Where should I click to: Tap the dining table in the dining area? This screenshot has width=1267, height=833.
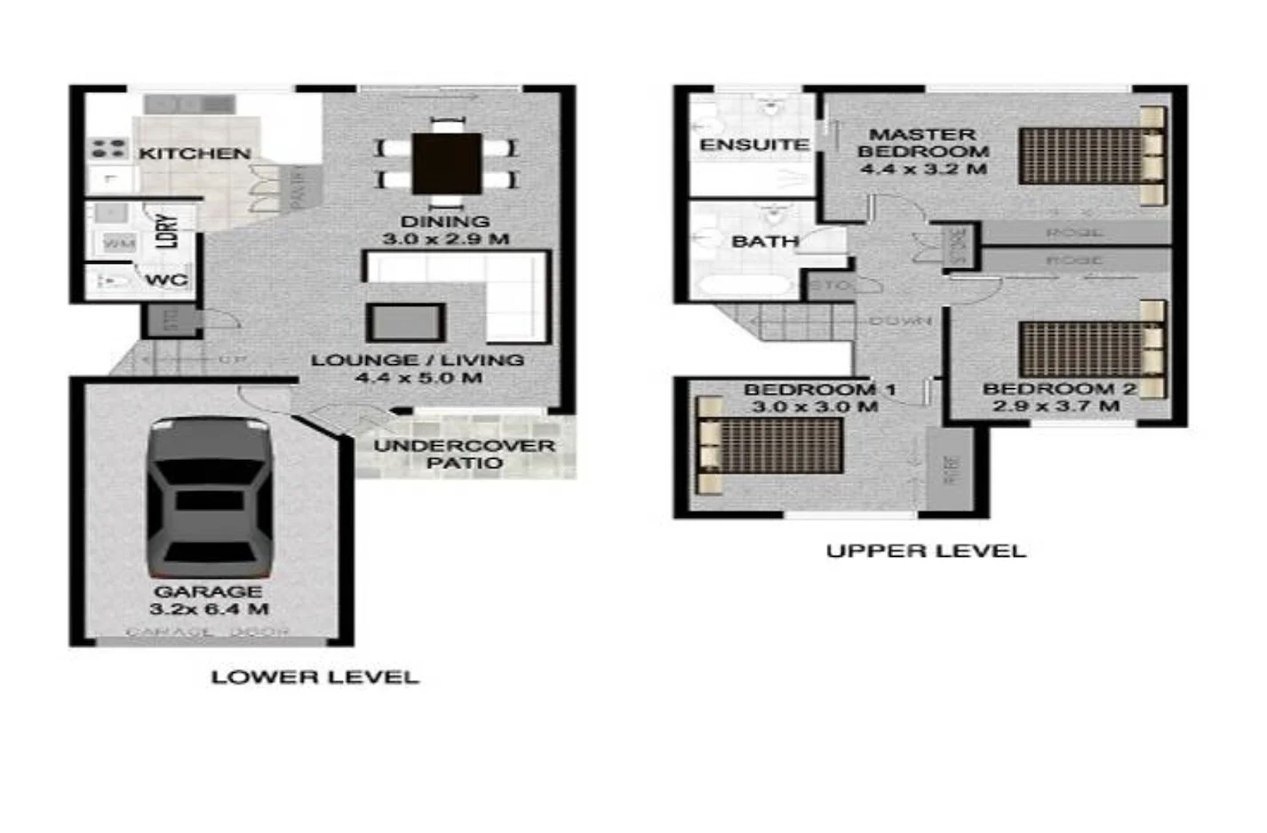447,163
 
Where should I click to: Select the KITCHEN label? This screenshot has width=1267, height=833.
195,154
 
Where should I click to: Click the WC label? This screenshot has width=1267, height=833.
166,281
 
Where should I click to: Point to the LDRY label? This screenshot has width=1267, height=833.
167,231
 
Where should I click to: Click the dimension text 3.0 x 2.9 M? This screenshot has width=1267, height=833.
445,239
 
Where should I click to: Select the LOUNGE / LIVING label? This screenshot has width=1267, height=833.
417,360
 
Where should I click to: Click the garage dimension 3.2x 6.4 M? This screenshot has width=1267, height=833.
209,609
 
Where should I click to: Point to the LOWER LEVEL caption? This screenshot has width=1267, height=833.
315,677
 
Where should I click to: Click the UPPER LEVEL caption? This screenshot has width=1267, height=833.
926,551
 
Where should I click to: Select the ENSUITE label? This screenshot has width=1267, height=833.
753,145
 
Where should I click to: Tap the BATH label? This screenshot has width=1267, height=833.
764,242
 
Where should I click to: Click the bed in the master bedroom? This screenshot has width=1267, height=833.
1092,156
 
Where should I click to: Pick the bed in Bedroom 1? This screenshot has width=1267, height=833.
769,445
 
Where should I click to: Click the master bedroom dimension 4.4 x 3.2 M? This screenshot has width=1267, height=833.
923,169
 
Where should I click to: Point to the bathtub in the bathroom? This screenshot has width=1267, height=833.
744,286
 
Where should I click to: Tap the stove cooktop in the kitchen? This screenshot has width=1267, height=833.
109,148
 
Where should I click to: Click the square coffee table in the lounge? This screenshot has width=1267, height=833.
405,322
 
